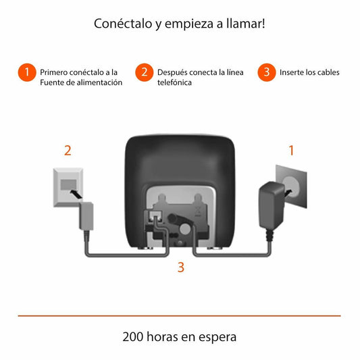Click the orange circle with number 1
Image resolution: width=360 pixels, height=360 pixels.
click(27, 72)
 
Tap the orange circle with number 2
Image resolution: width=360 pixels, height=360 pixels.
click(144, 72)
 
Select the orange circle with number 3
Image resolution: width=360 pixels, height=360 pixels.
click(267, 72)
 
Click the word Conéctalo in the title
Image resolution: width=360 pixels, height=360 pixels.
click(123, 24)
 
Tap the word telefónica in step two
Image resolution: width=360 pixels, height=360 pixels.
click(174, 82)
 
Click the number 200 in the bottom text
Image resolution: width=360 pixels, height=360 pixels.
click(132, 337)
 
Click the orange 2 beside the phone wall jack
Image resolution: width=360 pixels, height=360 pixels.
click(68, 151)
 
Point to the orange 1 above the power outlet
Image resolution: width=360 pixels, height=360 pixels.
click(291, 151)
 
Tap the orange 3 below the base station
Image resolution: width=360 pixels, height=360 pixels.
click(181, 267)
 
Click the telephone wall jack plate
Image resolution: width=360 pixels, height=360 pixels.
click(68, 188)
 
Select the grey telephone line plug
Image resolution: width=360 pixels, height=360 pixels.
click(86, 216)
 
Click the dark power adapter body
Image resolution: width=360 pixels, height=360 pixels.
click(272, 205)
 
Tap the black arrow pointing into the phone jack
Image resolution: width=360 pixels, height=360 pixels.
click(76, 194)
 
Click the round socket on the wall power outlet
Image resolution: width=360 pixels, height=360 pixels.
click(291, 186)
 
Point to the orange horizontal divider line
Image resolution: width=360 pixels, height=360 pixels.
click(179, 316)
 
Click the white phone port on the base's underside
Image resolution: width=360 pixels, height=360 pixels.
click(155, 217)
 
